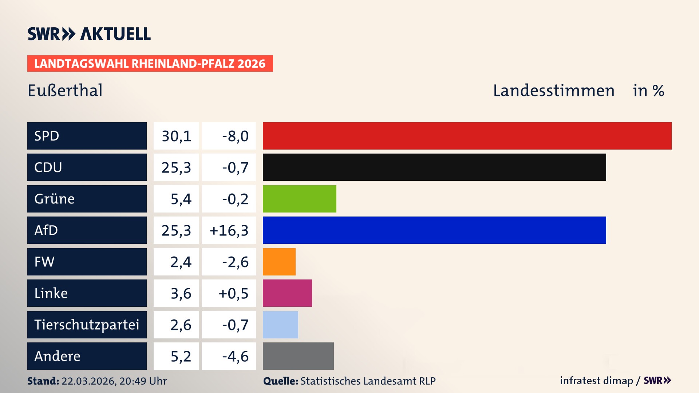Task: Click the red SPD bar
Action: (467, 136)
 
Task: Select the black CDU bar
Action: (434, 167)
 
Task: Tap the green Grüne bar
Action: (299, 199)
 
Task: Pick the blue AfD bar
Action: (434, 230)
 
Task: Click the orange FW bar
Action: (279, 262)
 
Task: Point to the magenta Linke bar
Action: (287, 293)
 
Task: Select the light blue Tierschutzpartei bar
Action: (280, 325)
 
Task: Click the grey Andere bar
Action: (298, 356)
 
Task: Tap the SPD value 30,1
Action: (176, 136)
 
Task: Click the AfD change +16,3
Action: (229, 230)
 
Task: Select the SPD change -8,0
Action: (235, 136)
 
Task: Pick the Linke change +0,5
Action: (233, 293)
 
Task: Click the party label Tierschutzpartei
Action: (87, 325)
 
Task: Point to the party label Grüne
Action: (54, 199)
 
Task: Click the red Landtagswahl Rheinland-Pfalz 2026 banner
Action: (150, 64)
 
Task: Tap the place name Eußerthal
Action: (65, 91)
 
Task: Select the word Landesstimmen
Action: (553, 91)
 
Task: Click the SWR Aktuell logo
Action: (89, 34)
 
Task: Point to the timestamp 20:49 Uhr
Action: (143, 381)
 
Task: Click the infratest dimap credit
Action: (596, 381)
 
